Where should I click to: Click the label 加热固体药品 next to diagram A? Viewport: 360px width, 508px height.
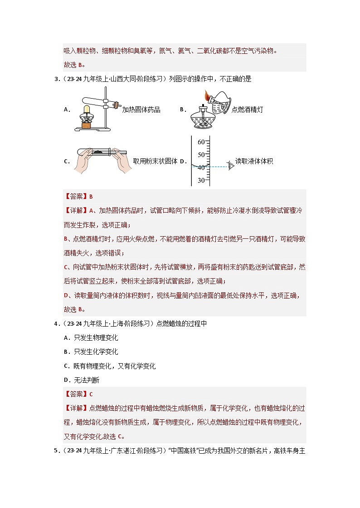pyautogui.click(x=141, y=109)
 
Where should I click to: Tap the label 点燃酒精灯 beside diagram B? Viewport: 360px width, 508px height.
pyautogui.click(x=247, y=109)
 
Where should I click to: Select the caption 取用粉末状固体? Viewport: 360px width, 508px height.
pyautogui.click(x=155, y=161)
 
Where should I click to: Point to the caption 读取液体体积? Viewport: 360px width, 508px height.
pyautogui.click(x=254, y=161)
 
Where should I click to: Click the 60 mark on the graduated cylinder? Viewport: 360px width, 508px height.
pyautogui.click(x=201, y=142)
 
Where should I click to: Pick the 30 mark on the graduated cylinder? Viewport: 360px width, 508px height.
pyautogui.click(x=201, y=180)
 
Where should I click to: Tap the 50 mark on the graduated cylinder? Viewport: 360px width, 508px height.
pyautogui.click(x=201, y=155)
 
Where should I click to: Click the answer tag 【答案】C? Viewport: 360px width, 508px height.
pyautogui.click(x=79, y=394)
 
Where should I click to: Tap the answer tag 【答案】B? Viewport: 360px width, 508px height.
pyautogui.click(x=79, y=196)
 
